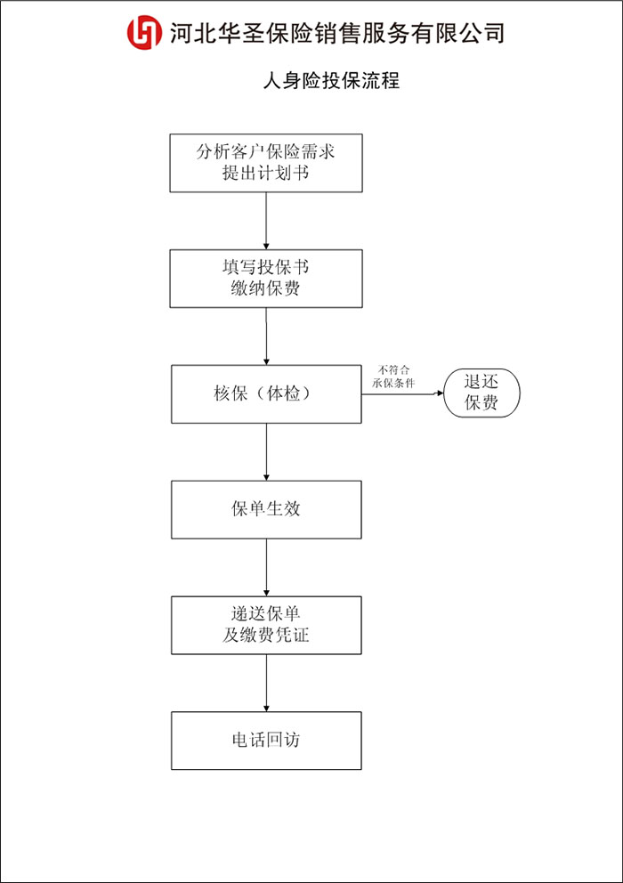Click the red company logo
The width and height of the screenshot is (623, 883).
pyautogui.click(x=145, y=33)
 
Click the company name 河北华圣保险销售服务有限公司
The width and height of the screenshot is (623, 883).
pyautogui.click(x=336, y=33)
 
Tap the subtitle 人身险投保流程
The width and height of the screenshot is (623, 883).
pyautogui.click(x=331, y=80)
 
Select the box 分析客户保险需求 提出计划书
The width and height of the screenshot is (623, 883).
pyautogui.click(x=266, y=163)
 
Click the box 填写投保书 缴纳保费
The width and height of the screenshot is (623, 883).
pyautogui.click(x=266, y=279)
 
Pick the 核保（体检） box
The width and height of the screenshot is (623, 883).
pyautogui.click(x=266, y=394)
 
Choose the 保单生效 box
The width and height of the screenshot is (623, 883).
pyautogui.click(x=266, y=510)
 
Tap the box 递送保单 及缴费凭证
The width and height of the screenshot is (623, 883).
pyautogui.click(x=266, y=625)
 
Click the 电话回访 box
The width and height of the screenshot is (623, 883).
pyautogui.click(x=266, y=741)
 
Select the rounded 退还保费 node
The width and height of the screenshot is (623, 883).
pyautogui.click(x=481, y=393)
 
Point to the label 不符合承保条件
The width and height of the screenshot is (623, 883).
pyautogui.click(x=393, y=377)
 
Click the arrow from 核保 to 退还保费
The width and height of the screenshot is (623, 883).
pyautogui.click(x=403, y=393)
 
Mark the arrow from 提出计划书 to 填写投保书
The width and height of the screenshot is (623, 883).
pyautogui.click(x=266, y=221)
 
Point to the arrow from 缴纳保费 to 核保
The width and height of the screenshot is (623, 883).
pyautogui.click(x=266, y=336)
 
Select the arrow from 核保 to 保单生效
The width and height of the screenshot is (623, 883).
pyautogui.click(x=266, y=451)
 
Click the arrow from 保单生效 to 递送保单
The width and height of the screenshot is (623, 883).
pyautogui.click(x=266, y=567)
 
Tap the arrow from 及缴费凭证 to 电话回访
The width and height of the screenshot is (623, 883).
pyautogui.click(x=266, y=683)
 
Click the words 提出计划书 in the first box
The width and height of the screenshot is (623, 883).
pyautogui.click(x=266, y=173)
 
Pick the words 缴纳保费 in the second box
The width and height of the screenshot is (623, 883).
pyautogui.click(x=266, y=288)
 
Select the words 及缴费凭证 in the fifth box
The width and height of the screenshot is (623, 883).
pyautogui.click(x=266, y=636)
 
